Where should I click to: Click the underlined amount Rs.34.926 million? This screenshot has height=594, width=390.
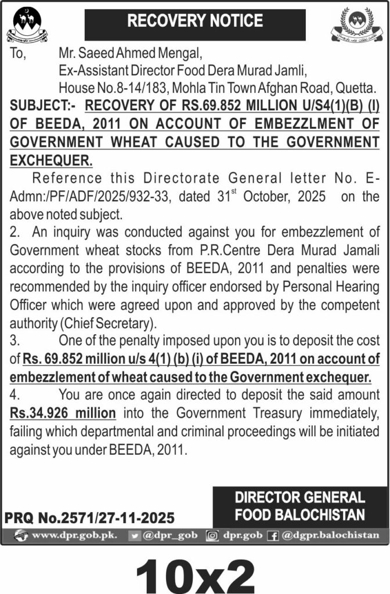(63, 414)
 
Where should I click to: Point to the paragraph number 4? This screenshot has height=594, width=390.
(15, 396)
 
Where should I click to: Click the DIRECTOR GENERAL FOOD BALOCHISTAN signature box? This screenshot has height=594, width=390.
(299, 506)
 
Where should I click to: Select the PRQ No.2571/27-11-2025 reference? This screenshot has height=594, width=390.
(89, 517)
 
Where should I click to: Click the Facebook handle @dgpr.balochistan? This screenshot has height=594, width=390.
(329, 535)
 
